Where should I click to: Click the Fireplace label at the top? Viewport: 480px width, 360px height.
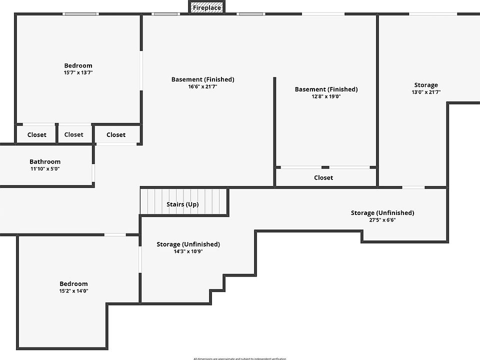pyautogui.click(x=207, y=8)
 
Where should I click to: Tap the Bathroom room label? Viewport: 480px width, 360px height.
pyautogui.click(x=45, y=161)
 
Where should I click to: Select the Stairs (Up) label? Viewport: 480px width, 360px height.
pyautogui.click(x=182, y=204)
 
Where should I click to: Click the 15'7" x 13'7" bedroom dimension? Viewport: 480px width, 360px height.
pyautogui.click(x=78, y=72)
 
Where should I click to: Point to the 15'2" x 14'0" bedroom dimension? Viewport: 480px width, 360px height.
pyautogui.click(x=74, y=290)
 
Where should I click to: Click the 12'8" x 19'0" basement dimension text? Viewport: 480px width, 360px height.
pyautogui.click(x=326, y=96)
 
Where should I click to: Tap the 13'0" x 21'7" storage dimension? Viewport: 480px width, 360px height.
pyautogui.click(x=426, y=92)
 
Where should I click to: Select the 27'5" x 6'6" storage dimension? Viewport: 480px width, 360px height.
pyautogui.click(x=382, y=220)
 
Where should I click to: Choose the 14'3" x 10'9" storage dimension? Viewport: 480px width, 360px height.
pyautogui.click(x=188, y=251)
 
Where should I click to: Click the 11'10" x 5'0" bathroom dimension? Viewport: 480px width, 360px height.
pyautogui.click(x=45, y=169)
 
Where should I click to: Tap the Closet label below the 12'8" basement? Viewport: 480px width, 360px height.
pyautogui.click(x=323, y=177)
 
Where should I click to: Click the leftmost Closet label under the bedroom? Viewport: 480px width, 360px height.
pyautogui.click(x=37, y=134)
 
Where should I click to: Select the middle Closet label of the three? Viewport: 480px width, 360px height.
pyautogui.click(x=74, y=134)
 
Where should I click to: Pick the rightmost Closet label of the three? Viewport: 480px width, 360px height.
pyautogui.click(x=116, y=134)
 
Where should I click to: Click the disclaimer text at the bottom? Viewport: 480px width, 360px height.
pyautogui.click(x=240, y=358)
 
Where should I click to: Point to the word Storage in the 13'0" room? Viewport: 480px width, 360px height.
pyautogui.click(x=426, y=85)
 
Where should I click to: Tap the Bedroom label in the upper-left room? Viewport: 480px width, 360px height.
pyautogui.click(x=78, y=65)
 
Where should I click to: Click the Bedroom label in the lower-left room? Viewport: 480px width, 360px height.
pyautogui.click(x=74, y=283)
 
